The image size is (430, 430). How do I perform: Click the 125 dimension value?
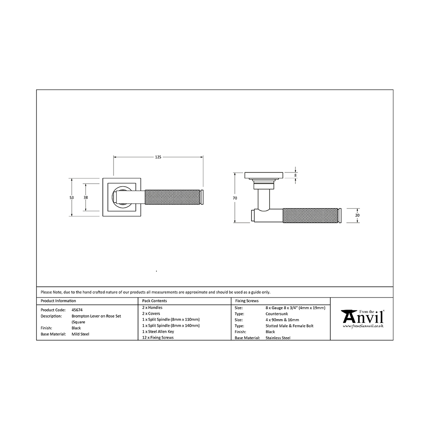pyautogui.click(x=158, y=157)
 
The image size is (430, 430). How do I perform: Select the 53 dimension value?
pyautogui.click(x=71, y=197)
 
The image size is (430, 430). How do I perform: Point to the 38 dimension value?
pyautogui.click(x=86, y=197)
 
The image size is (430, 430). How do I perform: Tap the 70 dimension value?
pyautogui.click(x=235, y=198)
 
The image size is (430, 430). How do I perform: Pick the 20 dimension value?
pyautogui.click(x=357, y=215)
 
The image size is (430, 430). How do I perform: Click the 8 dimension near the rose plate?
pyautogui.click(x=295, y=175)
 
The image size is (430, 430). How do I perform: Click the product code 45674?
pyautogui.click(x=77, y=310)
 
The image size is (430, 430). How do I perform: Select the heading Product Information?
pyautogui.click(x=58, y=301)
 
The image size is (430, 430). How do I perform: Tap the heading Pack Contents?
pyautogui.click(x=154, y=301)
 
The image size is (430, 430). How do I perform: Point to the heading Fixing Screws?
pyautogui.click(x=247, y=301)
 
